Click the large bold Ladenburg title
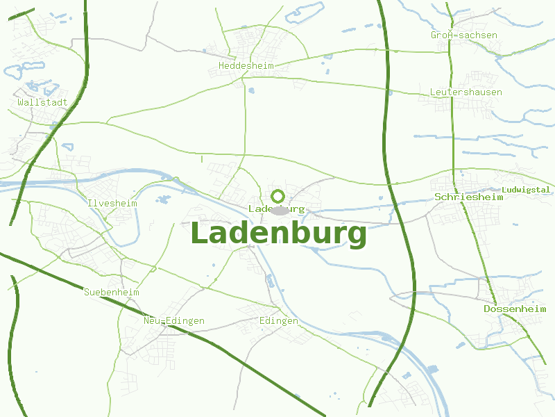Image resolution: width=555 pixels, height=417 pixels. [x=277, y=234]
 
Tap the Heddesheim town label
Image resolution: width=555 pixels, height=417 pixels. [x=246, y=66]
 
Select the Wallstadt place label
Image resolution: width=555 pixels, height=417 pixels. [x=42, y=102]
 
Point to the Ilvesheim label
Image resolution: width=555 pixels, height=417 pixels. [x=112, y=204]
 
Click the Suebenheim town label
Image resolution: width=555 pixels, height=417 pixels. [x=111, y=293]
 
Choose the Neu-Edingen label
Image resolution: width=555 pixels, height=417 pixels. [x=173, y=321]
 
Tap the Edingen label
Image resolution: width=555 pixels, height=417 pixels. [x=278, y=321]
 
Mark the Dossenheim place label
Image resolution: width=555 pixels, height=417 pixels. [x=515, y=309]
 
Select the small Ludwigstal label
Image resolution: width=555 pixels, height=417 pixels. [x=525, y=190]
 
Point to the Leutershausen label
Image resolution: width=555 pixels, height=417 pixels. [x=466, y=92]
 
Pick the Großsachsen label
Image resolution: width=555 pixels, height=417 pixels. [x=464, y=35]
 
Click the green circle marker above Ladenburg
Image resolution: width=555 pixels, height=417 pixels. [x=278, y=196]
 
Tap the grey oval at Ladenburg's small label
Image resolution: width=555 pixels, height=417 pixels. [x=279, y=210]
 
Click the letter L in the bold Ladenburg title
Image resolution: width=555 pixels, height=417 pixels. [x=200, y=234]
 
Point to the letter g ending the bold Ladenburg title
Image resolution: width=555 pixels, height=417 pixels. [x=355, y=236]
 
